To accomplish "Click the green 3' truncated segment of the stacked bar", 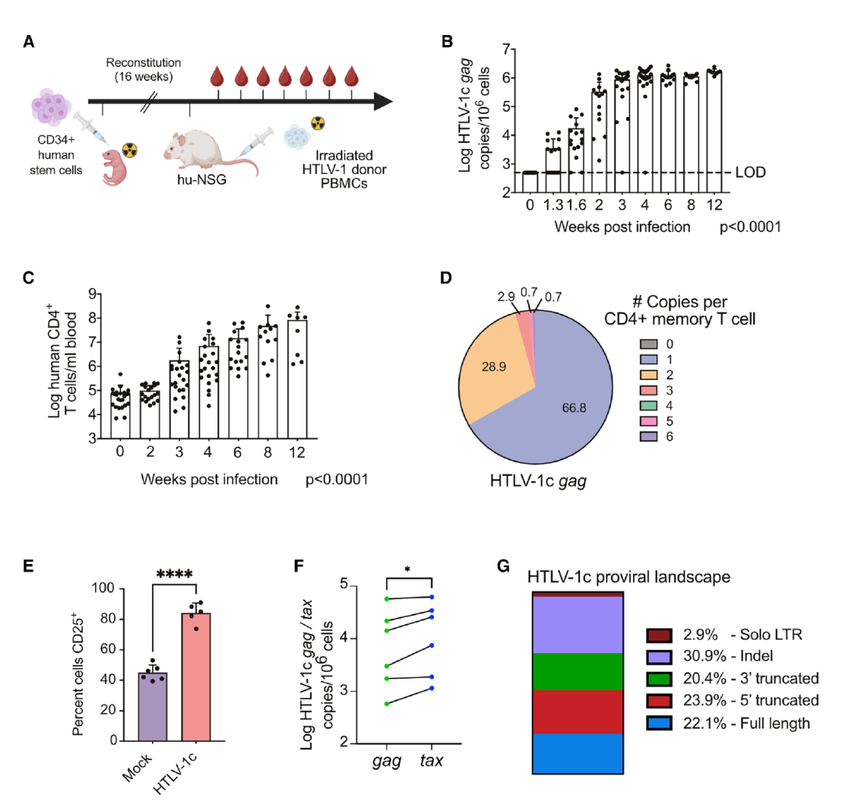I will (577, 672).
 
